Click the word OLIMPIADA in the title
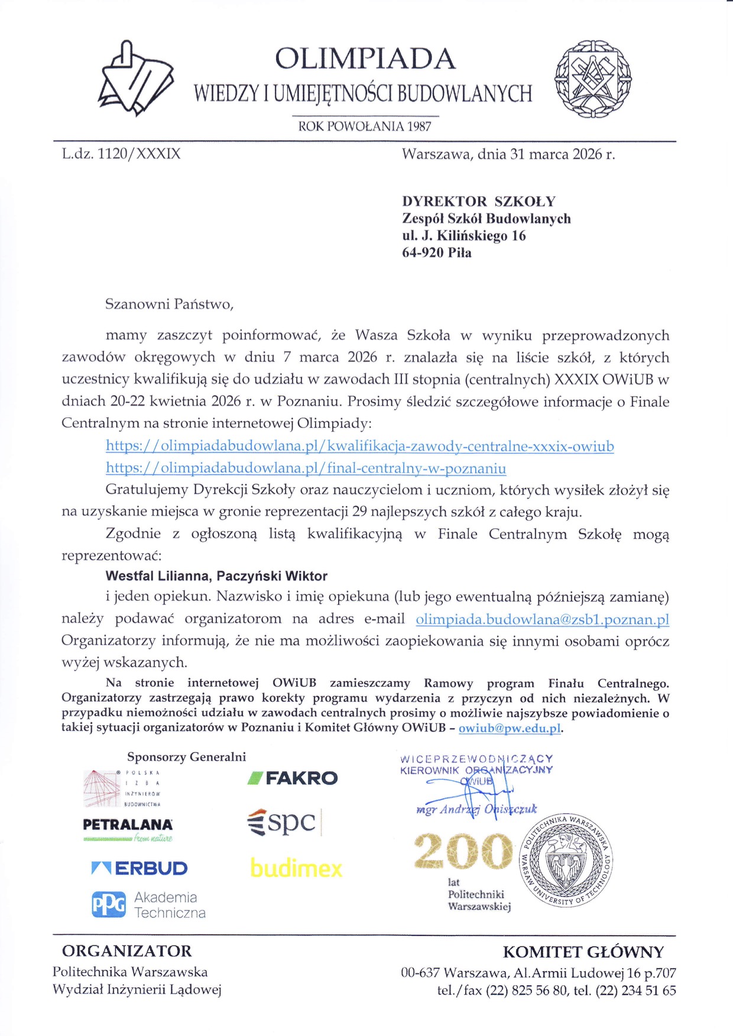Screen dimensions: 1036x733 tap(365, 59)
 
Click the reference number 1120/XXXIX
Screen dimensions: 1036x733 tap(139, 154)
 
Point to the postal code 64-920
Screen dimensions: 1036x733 tap(422, 253)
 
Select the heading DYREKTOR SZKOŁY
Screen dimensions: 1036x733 tap(479, 201)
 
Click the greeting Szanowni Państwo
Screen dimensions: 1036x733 tap(169, 304)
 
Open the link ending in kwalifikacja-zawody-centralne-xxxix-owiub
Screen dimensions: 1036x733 tap(359, 446)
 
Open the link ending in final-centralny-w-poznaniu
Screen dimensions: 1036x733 tap(306, 468)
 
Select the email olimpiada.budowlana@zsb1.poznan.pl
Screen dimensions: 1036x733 tap(542, 619)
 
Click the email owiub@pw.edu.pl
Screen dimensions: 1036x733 tap(510, 728)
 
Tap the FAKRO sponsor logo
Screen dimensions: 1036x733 tap(293, 778)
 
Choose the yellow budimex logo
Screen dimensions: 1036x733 tap(296, 868)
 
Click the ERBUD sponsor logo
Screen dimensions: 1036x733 tap(140, 868)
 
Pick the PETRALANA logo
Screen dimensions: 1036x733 tap(128, 824)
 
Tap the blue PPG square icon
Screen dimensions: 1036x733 tap(109, 905)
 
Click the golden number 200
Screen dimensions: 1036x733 tap(463, 852)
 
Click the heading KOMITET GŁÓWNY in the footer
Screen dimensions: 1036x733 tap(583, 952)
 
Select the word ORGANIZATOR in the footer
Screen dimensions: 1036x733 tap(127, 951)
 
